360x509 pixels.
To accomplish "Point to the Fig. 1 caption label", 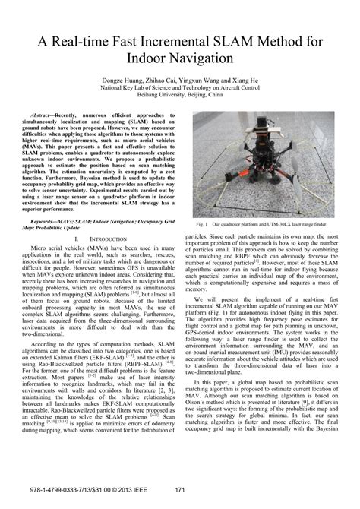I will point(201,226).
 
